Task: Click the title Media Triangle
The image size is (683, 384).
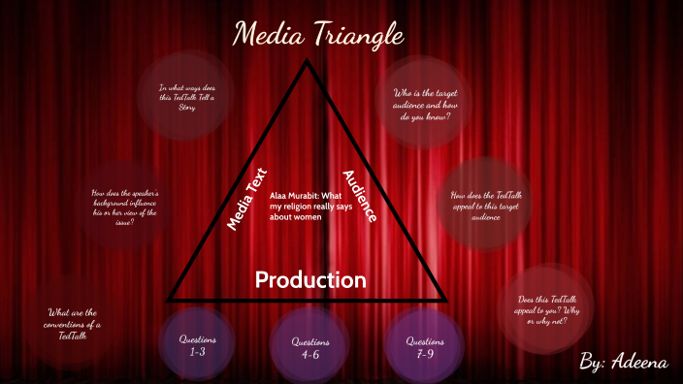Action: [x=318, y=36]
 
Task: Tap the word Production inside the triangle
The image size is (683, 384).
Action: [x=310, y=280]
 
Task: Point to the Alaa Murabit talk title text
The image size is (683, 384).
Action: [x=308, y=207]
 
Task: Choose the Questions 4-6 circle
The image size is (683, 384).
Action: [x=310, y=348]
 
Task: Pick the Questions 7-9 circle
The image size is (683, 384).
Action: [x=424, y=346]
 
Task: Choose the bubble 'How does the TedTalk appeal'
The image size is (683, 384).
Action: [x=482, y=206]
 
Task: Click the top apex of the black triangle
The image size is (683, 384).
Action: [x=308, y=63]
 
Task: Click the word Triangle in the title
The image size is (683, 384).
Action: [x=359, y=36]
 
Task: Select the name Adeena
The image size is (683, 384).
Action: [x=639, y=362]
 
